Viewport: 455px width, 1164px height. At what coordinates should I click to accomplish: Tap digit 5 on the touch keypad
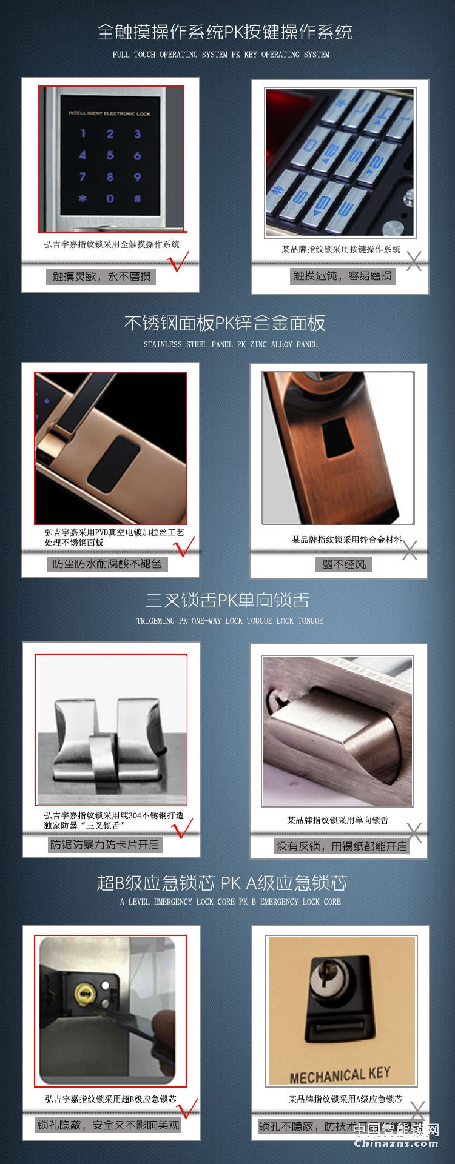click(110, 155)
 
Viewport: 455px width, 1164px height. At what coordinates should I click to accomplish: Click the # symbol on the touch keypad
click(137, 198)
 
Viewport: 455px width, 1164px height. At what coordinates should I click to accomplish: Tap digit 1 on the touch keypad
click(83, 133)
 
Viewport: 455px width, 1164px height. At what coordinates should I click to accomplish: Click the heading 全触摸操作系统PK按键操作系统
click(224, 32)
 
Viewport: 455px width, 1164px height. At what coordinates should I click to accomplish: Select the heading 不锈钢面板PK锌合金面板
click(224, 323)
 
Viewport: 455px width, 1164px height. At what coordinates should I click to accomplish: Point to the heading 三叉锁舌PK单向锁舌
click(227, 600)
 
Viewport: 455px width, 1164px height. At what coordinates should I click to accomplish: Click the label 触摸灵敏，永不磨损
click(101, 276)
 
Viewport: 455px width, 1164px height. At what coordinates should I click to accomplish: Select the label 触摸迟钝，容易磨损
click(342, 276)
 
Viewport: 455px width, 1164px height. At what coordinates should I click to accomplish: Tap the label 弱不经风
click(343, 564)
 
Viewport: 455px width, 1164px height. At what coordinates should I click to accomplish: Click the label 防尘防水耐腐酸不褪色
click(107, 564)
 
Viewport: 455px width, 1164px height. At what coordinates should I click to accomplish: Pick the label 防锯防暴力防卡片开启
click(104, 845)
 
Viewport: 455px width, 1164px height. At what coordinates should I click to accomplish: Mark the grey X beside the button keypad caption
click(414, 261)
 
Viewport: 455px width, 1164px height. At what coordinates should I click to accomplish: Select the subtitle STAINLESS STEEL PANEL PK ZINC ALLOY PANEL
click(231, 344)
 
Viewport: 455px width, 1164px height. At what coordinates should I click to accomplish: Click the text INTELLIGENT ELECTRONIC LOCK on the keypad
click(109, 113)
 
